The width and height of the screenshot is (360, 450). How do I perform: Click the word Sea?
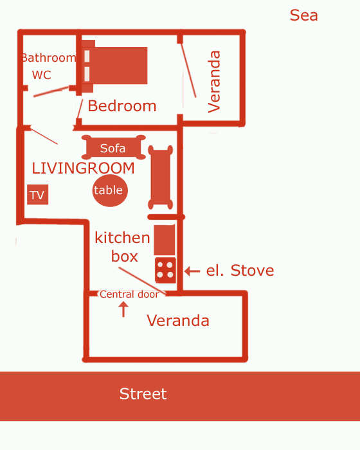pyautogui.click(x=303, y=15)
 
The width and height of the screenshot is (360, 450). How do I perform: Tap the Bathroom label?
pyautogui.click(x=48, y=58)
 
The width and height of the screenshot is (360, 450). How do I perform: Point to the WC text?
pyautogui.click(x=42, y=75)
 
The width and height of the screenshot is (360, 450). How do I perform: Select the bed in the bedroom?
pyautogui.click(x=115, y=66)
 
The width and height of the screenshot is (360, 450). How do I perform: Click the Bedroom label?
pyautogui.click(x=122, y=106)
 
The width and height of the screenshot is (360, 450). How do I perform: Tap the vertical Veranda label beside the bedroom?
pyautogui.click(x=214, y=82)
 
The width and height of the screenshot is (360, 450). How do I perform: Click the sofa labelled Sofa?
pyautogui.click(x=113, y=147)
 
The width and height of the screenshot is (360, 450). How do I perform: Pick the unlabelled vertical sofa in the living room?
pyautogui.click(x=161, y=177)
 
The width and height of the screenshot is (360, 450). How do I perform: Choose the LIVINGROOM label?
pyautogui.click(x=83, y=168)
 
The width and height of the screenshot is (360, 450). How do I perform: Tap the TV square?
pyautogui.click(x=38, y=195)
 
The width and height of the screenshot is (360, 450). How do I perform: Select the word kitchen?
pyautogui.click(x=122, y=238)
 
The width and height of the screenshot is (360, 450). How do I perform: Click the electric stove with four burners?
pyautogui.click(x=165, y=270)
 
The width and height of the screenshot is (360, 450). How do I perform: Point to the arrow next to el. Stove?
pyautogui.click(x=192, y=271)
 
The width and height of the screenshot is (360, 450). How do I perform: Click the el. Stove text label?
pyautogui.click(x=240, y=271)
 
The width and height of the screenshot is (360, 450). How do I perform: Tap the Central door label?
pyautogui.click(x=129, y=294)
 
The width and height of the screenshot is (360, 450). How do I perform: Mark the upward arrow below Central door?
pyautogui.click(x=123, y=309)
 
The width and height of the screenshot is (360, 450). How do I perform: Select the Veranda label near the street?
pyautogui.click(x=178, y=320)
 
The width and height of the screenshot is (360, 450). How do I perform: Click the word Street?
pyautogui.click(x=143, y=393)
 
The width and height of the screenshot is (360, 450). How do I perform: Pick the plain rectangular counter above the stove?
pyautogui.click(x=164, y=240)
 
